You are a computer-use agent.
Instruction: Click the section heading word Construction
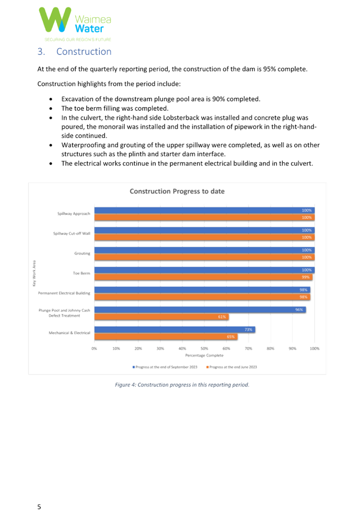click(83, 52)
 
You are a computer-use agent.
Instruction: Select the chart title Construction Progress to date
click(177, 191)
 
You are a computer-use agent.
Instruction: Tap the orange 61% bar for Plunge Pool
click(161, 317)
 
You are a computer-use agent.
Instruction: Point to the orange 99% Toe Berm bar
click(204, 277)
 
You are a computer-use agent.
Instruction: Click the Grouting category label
click(82, 254)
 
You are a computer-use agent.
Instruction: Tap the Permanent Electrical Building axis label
click(64, 293)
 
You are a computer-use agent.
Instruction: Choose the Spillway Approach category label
click(74, 214)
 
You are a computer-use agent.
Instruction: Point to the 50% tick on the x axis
click(204, 348)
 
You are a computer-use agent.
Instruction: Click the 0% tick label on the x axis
click(95, 348)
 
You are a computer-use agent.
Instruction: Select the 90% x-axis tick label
click(293, 348)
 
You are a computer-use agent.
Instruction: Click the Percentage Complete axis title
click(204, 356)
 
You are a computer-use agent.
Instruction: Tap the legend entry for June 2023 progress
click(232, 367)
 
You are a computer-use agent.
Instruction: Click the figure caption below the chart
click(182, 385)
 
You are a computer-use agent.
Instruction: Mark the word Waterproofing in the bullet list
click(81, 145)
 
